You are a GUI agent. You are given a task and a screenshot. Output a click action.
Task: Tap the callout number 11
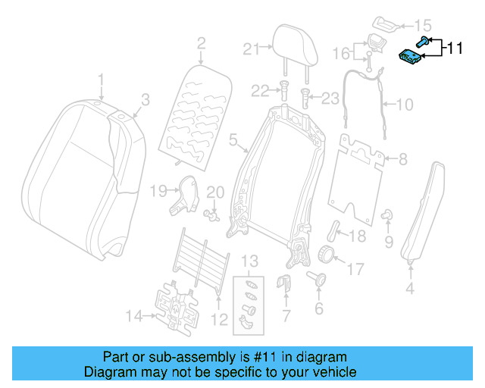click(x=454, y=49)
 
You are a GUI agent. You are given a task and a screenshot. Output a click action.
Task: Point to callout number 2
click(x=201, y=44)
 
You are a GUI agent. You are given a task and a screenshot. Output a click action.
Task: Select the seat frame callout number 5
click(x=233, y=139)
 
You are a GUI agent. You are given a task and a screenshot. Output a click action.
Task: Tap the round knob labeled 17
click(x=326, y=254)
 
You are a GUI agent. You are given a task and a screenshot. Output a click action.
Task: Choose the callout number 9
click(x=389, y=242)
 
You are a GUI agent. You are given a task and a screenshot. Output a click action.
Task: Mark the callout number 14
click(x=133, y=316)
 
